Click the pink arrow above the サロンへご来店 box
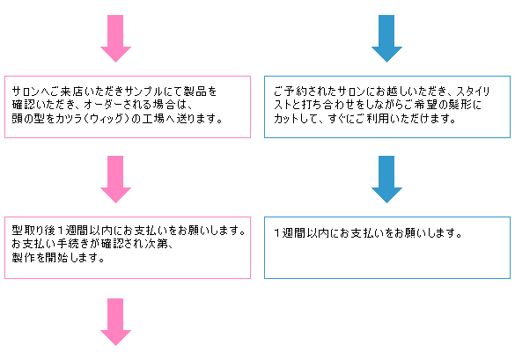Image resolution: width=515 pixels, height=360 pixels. point(115,39)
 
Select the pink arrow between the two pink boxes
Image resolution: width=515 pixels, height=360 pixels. point(115,180)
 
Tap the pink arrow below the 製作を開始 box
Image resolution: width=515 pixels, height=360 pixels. point(115,322)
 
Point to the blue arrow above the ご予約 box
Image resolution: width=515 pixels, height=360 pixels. point(386,39)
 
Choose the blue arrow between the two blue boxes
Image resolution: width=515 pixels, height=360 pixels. point(386,180)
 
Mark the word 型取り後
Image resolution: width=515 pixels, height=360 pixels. point(33,231)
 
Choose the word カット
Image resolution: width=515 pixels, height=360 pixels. point(287,118)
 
